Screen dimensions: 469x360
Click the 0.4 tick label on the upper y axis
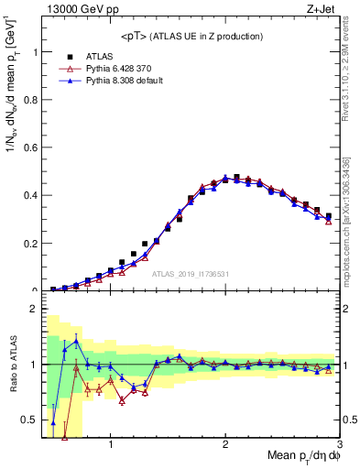(x=31, y=195)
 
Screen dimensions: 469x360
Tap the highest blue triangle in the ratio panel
(x=76, y=341)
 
